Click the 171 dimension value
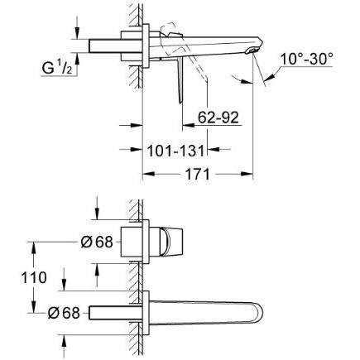point(197,174)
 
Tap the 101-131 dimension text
point(176,151)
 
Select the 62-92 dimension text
point(218,118)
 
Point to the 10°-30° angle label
point(306,59)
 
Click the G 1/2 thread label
point(57,67)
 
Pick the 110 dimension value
point(34,277)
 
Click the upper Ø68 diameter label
point(97,242)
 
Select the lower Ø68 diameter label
point(64,313)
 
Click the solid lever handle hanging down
point(180,80)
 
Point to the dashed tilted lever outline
point(185,50)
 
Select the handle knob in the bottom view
point(171,242)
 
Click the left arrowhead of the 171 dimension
point(148,174)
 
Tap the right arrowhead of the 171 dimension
point(247,174)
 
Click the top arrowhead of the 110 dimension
point(34,247)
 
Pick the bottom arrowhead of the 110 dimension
point(34,307)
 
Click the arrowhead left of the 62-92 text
point(188,125)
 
